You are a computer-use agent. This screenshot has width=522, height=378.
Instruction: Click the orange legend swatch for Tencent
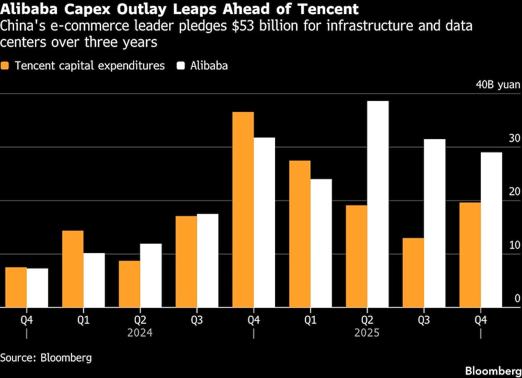click(x=6, y=66)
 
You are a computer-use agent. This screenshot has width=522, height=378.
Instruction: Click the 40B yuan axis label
click(x=497, y=85)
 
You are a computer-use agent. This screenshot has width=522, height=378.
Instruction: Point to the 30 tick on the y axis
click(x=514, y=139)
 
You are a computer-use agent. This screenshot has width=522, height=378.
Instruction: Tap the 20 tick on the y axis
click(x=514, y=192)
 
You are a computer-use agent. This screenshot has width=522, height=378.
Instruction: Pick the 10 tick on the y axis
click(x=514, y=245)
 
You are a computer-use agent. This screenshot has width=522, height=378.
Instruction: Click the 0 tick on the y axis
click(x=517, y=299)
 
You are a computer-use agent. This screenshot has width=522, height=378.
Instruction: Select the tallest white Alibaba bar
click(x=378, y=204)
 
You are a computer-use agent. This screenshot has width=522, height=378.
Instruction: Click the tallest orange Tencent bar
click(x=243, y=209)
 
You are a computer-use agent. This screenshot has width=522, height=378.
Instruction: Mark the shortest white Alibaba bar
click(x=38, y=288)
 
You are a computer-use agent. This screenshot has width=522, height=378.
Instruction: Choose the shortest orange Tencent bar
click(x=16, y=287)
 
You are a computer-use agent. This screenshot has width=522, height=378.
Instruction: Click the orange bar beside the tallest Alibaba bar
click(x=357, y=256)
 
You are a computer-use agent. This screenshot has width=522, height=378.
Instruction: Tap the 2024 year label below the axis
click(x=140, y=333)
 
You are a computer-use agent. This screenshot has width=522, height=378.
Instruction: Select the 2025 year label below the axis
click(x=366, y=333)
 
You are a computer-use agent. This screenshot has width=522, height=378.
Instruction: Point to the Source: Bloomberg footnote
click(x=46, y=358)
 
